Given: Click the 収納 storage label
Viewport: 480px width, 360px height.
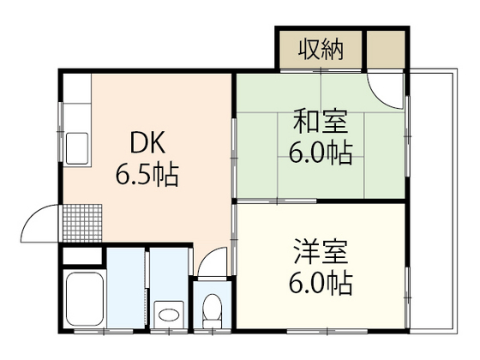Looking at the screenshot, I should click(321, 50).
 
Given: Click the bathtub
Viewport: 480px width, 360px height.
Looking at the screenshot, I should click(84, 301).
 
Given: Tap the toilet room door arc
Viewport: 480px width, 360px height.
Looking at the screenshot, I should click(213, 262).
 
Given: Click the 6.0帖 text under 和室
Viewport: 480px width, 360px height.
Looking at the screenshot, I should click(319, 154).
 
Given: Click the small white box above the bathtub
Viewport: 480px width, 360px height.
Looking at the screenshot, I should click(84, 257).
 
